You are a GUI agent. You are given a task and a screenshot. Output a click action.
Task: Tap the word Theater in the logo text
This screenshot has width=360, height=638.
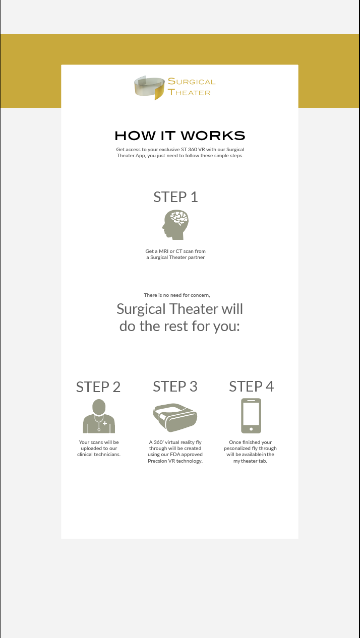tap(189, 92)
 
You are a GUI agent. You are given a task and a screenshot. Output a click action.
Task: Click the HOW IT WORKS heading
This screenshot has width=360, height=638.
tap(179, 136)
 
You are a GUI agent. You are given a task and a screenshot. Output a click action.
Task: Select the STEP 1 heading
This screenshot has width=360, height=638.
tap(175, 197)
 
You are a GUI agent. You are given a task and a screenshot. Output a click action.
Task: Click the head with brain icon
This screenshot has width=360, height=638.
tap(175, 225)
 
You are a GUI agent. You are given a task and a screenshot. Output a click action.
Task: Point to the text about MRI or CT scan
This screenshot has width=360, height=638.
tap(175, 254)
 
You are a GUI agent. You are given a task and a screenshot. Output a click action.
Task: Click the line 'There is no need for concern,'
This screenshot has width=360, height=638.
tap(180, 295)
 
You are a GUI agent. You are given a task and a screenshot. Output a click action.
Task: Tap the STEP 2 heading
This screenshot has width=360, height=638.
tap(98, 387)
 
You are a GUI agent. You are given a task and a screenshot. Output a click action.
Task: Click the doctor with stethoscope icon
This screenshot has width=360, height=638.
tap(99, 416)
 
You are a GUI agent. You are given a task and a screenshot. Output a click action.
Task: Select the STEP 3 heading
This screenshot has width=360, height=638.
tap(175, 386)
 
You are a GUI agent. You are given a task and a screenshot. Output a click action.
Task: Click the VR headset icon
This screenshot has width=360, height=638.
tap(175, 417)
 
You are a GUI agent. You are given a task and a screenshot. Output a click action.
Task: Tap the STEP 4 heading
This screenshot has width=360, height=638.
tap(251, 386)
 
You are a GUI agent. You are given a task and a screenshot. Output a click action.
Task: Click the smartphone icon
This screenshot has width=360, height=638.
tap(251, 416)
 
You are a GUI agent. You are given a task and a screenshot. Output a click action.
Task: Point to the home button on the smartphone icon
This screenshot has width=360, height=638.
tap(251, 429)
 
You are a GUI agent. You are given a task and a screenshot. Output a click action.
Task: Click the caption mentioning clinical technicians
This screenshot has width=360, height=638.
tap(99, 448)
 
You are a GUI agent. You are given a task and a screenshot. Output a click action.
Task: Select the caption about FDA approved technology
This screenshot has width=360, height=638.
tap(175, 452)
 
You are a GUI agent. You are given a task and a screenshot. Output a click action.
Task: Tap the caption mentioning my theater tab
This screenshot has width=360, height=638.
tap(251, 452)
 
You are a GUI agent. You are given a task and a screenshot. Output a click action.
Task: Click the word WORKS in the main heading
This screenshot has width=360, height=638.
tap(213, 136)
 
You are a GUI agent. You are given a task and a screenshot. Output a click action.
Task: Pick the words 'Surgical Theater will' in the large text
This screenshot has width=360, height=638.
tap(179, 308)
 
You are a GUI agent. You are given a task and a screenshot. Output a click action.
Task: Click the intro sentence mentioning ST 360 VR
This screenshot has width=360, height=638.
tap(180, 153)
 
